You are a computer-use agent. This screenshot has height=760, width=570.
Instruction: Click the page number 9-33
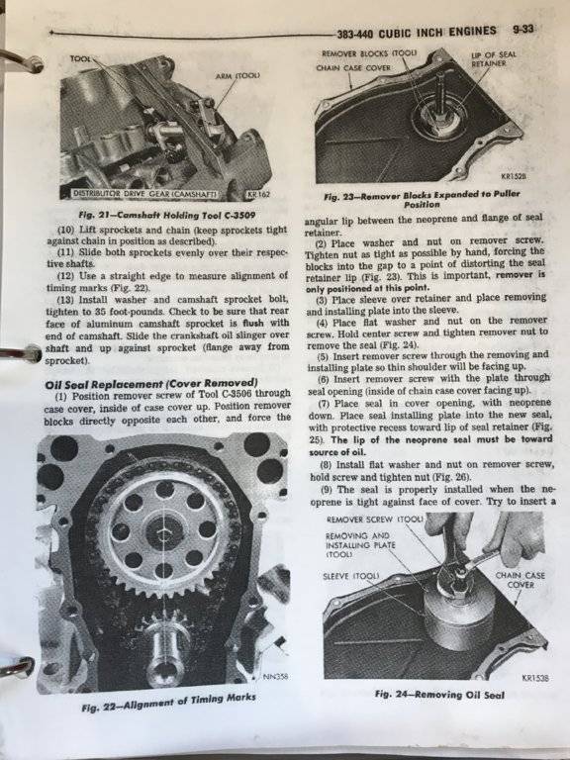click(522, 29)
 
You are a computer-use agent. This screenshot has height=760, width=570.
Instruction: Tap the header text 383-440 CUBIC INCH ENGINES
click(417, 32)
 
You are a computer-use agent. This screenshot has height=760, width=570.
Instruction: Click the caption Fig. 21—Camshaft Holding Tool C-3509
click(166, 215)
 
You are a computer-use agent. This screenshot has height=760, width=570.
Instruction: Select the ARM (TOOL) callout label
click(240, 75)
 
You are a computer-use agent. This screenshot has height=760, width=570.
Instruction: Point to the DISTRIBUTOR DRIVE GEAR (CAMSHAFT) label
click(143, 194)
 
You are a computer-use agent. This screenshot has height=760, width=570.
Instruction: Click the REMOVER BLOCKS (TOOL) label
click(369, 52)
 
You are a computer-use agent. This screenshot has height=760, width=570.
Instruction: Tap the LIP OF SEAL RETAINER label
click(494, 58)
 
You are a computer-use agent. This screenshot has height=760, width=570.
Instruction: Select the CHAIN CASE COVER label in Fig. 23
click(353, 68)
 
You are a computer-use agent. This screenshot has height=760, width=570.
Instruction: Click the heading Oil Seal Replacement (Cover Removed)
click(151, 383)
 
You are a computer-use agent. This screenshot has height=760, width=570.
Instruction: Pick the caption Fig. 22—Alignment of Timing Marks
click(168, 703)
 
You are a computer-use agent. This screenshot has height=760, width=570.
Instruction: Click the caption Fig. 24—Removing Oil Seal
click(439, 694)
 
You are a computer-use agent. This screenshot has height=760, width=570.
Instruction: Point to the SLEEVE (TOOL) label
click(351, 576)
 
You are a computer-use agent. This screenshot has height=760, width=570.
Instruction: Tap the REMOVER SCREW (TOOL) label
click(375, 520)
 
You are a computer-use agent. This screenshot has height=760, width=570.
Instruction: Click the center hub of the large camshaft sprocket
click(164, 533)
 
